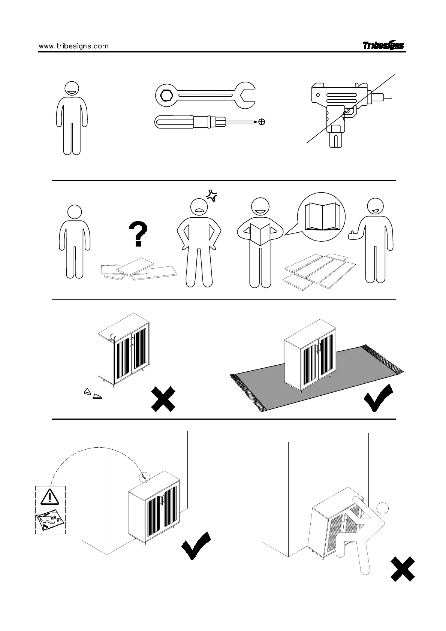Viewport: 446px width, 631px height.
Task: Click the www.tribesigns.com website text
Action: pos(74,46)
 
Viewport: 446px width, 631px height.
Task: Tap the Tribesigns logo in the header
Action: pos(383,45)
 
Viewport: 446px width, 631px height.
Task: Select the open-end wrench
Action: pos(205,95)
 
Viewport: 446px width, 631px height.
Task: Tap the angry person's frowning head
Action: pos(199,206)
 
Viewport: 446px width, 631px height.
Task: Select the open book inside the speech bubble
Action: pos(321,216)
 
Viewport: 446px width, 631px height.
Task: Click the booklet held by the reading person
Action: pos(260,234)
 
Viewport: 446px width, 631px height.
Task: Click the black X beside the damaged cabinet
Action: pos(163,399)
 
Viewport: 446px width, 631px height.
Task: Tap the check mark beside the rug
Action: pos(378,398)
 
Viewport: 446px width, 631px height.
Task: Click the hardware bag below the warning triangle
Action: pos(50,521)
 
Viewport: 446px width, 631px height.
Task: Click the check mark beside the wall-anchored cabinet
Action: pos(196,546)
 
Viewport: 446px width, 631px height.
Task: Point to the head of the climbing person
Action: pos(382,508)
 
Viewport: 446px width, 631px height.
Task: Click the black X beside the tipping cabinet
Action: pos(403,569)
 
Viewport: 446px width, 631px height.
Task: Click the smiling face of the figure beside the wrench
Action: pos(72,89)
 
